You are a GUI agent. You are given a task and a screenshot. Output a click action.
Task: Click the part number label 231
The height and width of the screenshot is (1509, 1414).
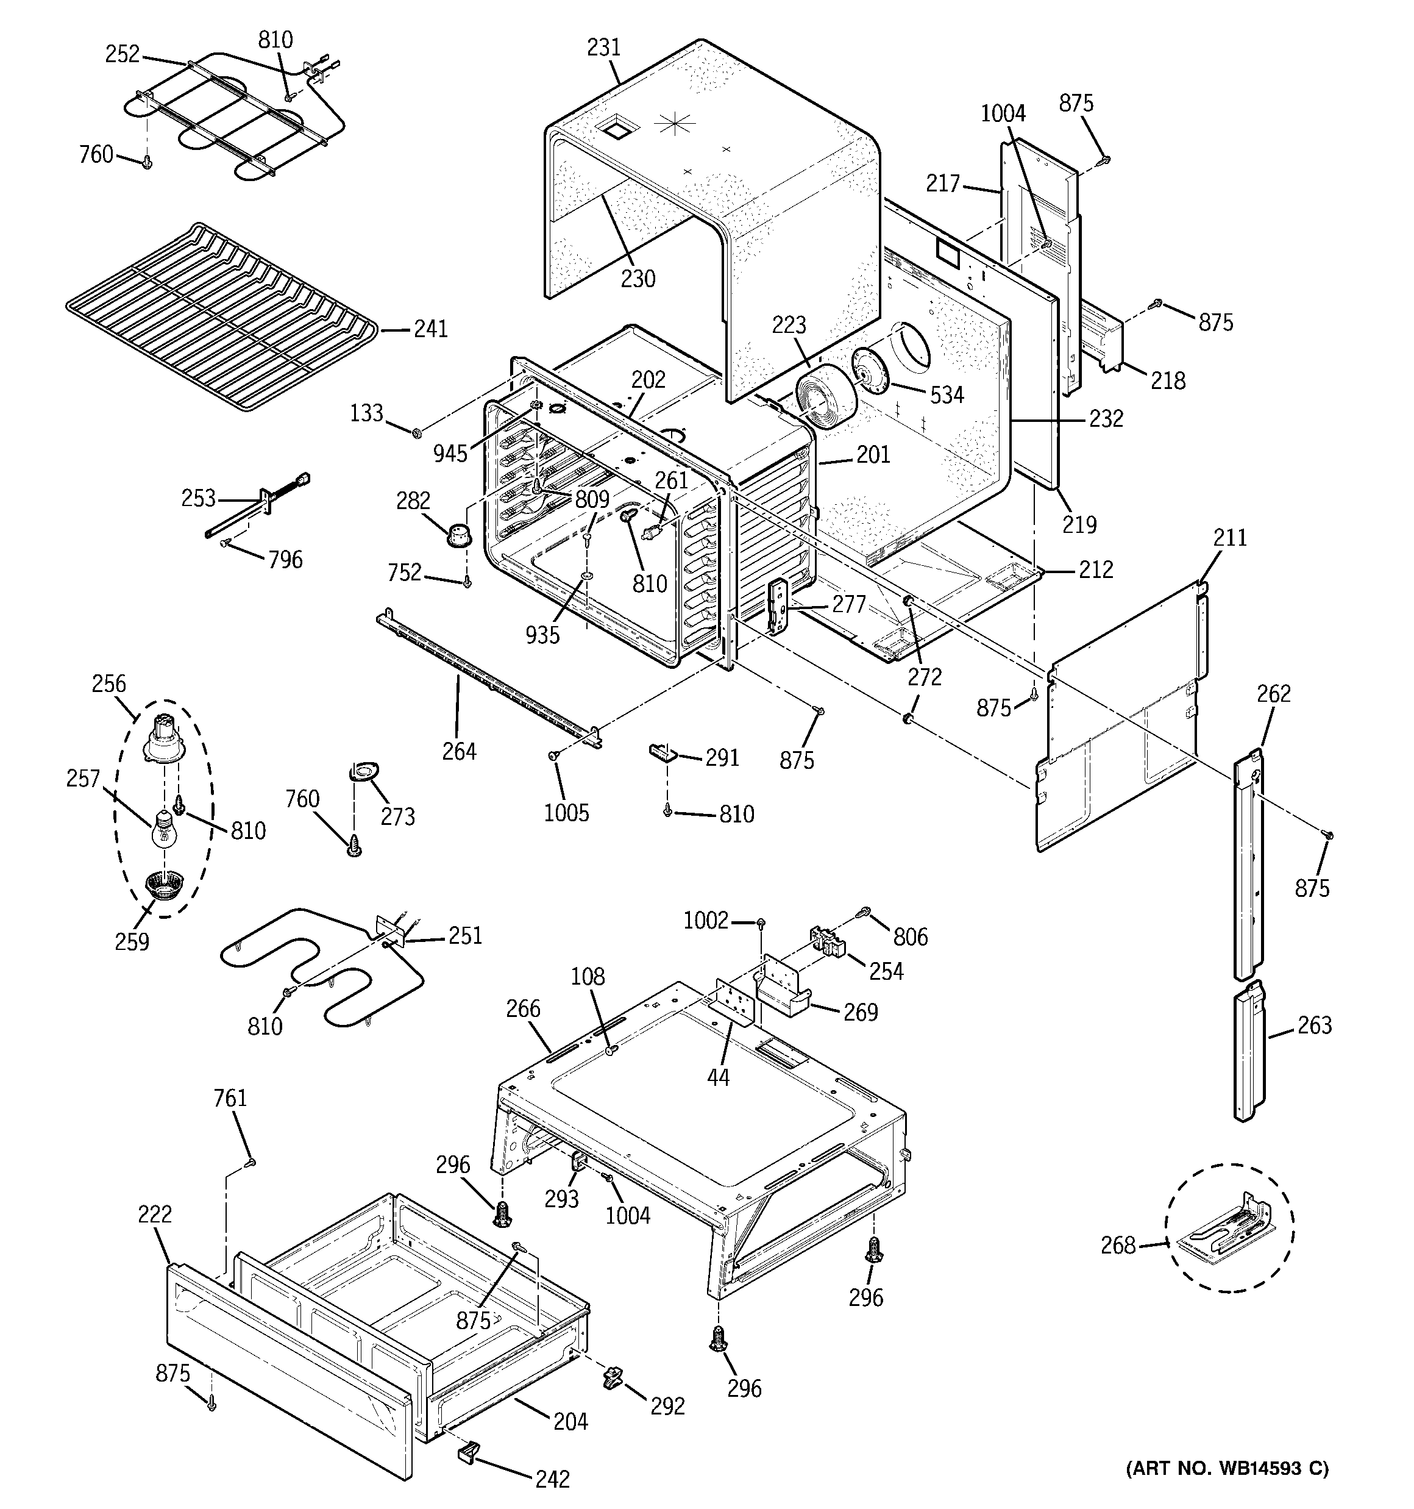click(x=603, y=48)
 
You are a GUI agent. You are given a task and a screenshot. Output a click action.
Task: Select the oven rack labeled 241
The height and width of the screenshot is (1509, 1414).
click(x=220, y=319)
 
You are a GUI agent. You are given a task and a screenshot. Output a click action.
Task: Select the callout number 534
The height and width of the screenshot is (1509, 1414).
click(x=947, y=394)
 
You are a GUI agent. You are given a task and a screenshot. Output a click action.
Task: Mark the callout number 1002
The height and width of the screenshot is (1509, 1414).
click(x=705, y=921)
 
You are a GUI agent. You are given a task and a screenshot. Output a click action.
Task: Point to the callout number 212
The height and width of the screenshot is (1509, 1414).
click(x=1095, y=569)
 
